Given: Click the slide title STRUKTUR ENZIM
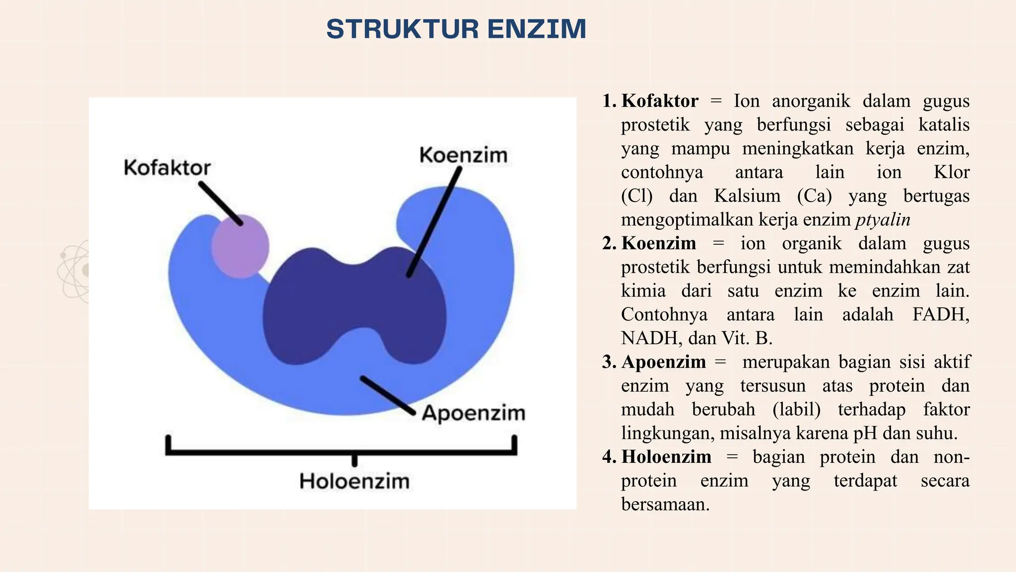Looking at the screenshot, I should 456,29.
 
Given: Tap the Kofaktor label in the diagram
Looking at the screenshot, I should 167,168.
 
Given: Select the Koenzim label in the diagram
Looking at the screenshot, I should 463,155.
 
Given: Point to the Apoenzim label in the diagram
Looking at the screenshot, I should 473,413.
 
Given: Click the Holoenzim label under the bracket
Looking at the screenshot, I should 354,481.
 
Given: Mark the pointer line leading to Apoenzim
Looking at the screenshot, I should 387,395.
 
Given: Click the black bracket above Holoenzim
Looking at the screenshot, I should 341,451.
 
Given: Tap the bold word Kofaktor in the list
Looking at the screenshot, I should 660,101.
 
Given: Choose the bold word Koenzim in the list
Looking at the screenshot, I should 658,243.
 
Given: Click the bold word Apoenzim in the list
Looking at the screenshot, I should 663,362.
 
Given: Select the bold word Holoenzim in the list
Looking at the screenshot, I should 666,457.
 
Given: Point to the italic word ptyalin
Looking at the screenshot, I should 883,219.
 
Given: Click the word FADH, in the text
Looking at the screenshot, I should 941,315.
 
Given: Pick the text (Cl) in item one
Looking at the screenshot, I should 636,196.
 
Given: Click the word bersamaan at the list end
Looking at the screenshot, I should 665,504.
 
